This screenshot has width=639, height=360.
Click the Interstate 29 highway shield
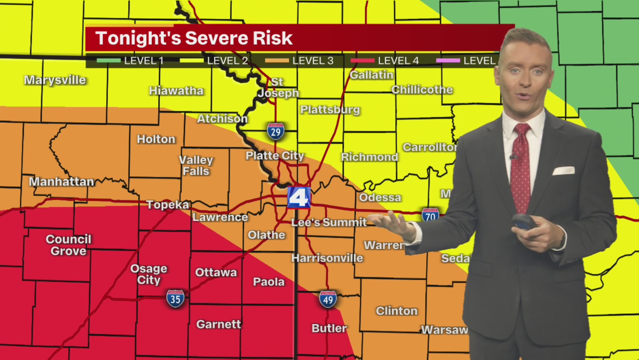(276, 131)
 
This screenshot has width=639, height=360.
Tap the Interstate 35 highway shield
(175, 299)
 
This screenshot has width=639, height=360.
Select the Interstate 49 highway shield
(328, 299)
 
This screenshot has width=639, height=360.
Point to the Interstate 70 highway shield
(430, 215)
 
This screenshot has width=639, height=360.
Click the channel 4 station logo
(299, 198)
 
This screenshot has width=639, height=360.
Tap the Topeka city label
(168, 204)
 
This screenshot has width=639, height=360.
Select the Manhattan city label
(62, 182)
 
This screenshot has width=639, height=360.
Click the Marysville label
(55, 80)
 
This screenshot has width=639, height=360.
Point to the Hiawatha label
(176, 91)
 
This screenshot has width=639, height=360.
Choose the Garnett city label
(219, 324)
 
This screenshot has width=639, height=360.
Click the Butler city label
(329, 328)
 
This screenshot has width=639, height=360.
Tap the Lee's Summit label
(329, 222)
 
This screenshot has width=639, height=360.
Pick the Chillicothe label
(422, 90)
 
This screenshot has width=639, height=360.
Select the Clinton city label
(397, 311)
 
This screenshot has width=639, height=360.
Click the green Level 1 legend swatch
(108, 61)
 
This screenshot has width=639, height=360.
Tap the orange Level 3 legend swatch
(277, 61)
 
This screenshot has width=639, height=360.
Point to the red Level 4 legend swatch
(362, 61)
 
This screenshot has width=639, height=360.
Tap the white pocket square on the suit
(564, 171)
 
